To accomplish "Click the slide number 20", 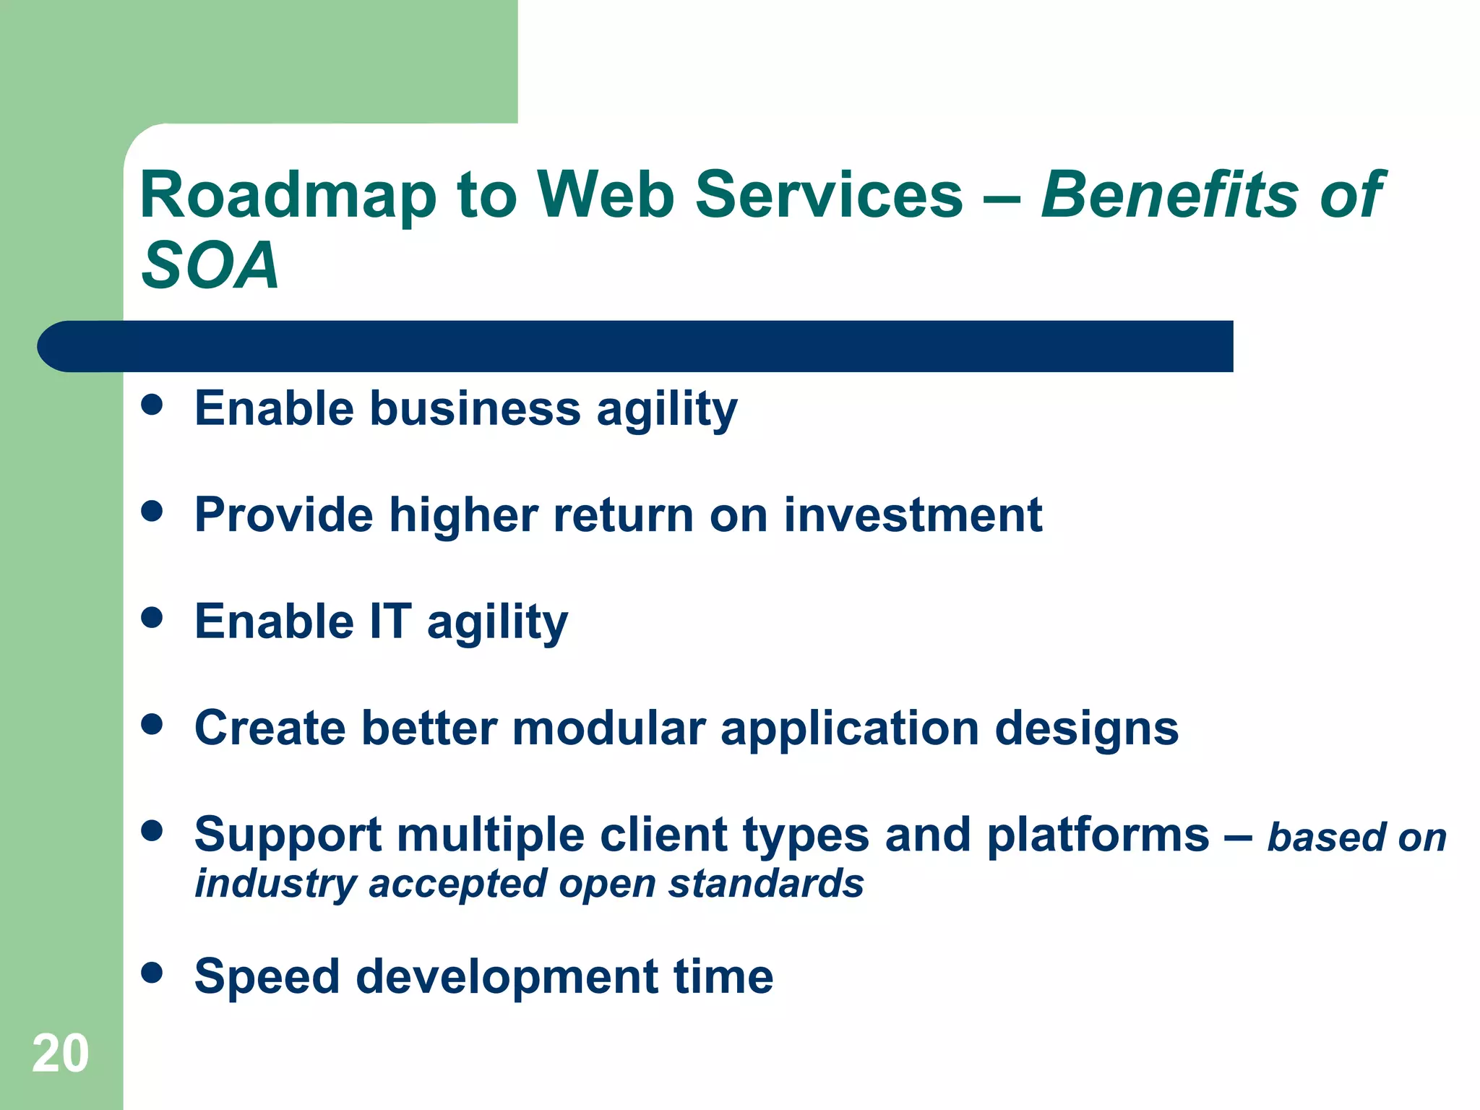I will tap(60, 1053).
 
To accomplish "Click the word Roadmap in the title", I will tap(288, 195).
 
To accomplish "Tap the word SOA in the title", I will tap(210, 266).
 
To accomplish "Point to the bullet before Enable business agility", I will tap(152, 405).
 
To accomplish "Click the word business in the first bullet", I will tap(475, 408).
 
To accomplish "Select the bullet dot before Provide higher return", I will tap(152, 512).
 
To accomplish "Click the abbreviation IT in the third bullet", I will tap(390, 621).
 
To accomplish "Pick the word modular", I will tap(608, 728).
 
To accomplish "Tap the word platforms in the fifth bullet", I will tap(1098, 836).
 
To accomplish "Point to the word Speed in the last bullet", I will tap(267, 977).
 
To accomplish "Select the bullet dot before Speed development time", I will tap(152, 973).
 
